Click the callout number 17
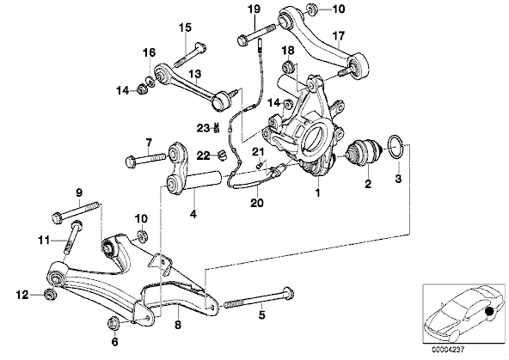point(338,35)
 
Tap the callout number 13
point(195,74)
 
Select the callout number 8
point(178,324)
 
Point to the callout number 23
point(203,128)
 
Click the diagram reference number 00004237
point(448,350)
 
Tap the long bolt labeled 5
point(259,299)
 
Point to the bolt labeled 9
point(76,212)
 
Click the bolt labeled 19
point(257,35)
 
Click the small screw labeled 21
point(259,166)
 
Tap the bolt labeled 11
point(73,237)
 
